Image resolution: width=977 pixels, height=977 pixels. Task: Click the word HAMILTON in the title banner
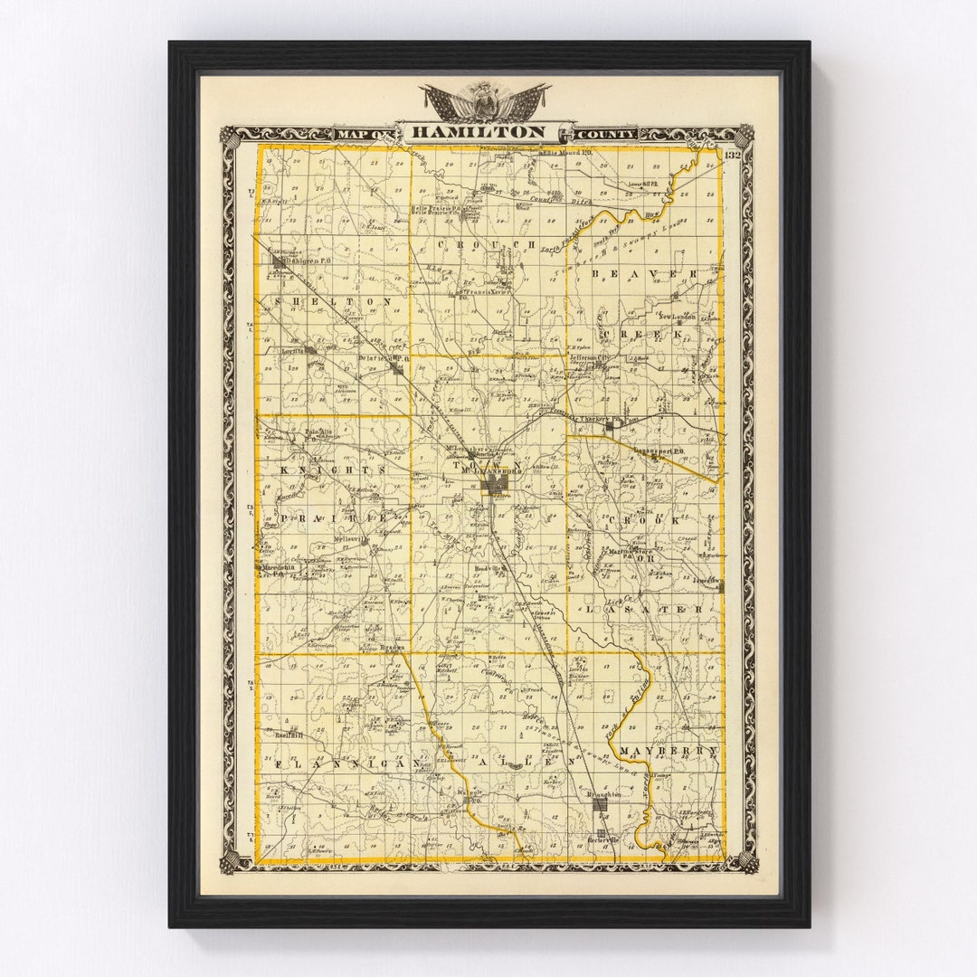tap(479, 132)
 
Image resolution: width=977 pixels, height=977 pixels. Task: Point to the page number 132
tap(733, 155)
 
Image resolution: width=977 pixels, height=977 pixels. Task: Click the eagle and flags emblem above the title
tap(486, 101)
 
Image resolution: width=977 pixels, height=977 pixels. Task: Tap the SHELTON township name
tap(334, 301)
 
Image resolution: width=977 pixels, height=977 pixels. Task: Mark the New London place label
tap(678, 317)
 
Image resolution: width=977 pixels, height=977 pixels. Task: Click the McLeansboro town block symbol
tap(495, 486)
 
